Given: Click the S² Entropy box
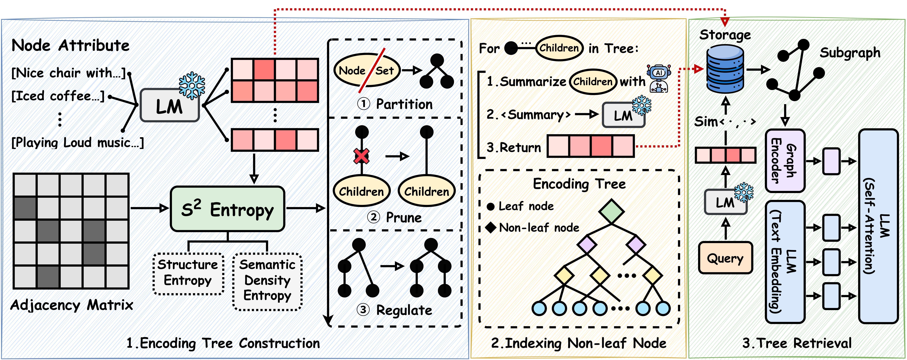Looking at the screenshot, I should [x=227, y=209].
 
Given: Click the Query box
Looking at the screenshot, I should [x=725, y=258].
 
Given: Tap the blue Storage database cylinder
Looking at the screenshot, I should [x=725, y=69].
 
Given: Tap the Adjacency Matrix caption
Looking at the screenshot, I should [x=72, y=305].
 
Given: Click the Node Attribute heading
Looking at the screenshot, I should [x=70, y=45].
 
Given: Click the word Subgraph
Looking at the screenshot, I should [x=850, y=53].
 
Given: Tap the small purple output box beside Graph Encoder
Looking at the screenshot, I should [x=831, y=161].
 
